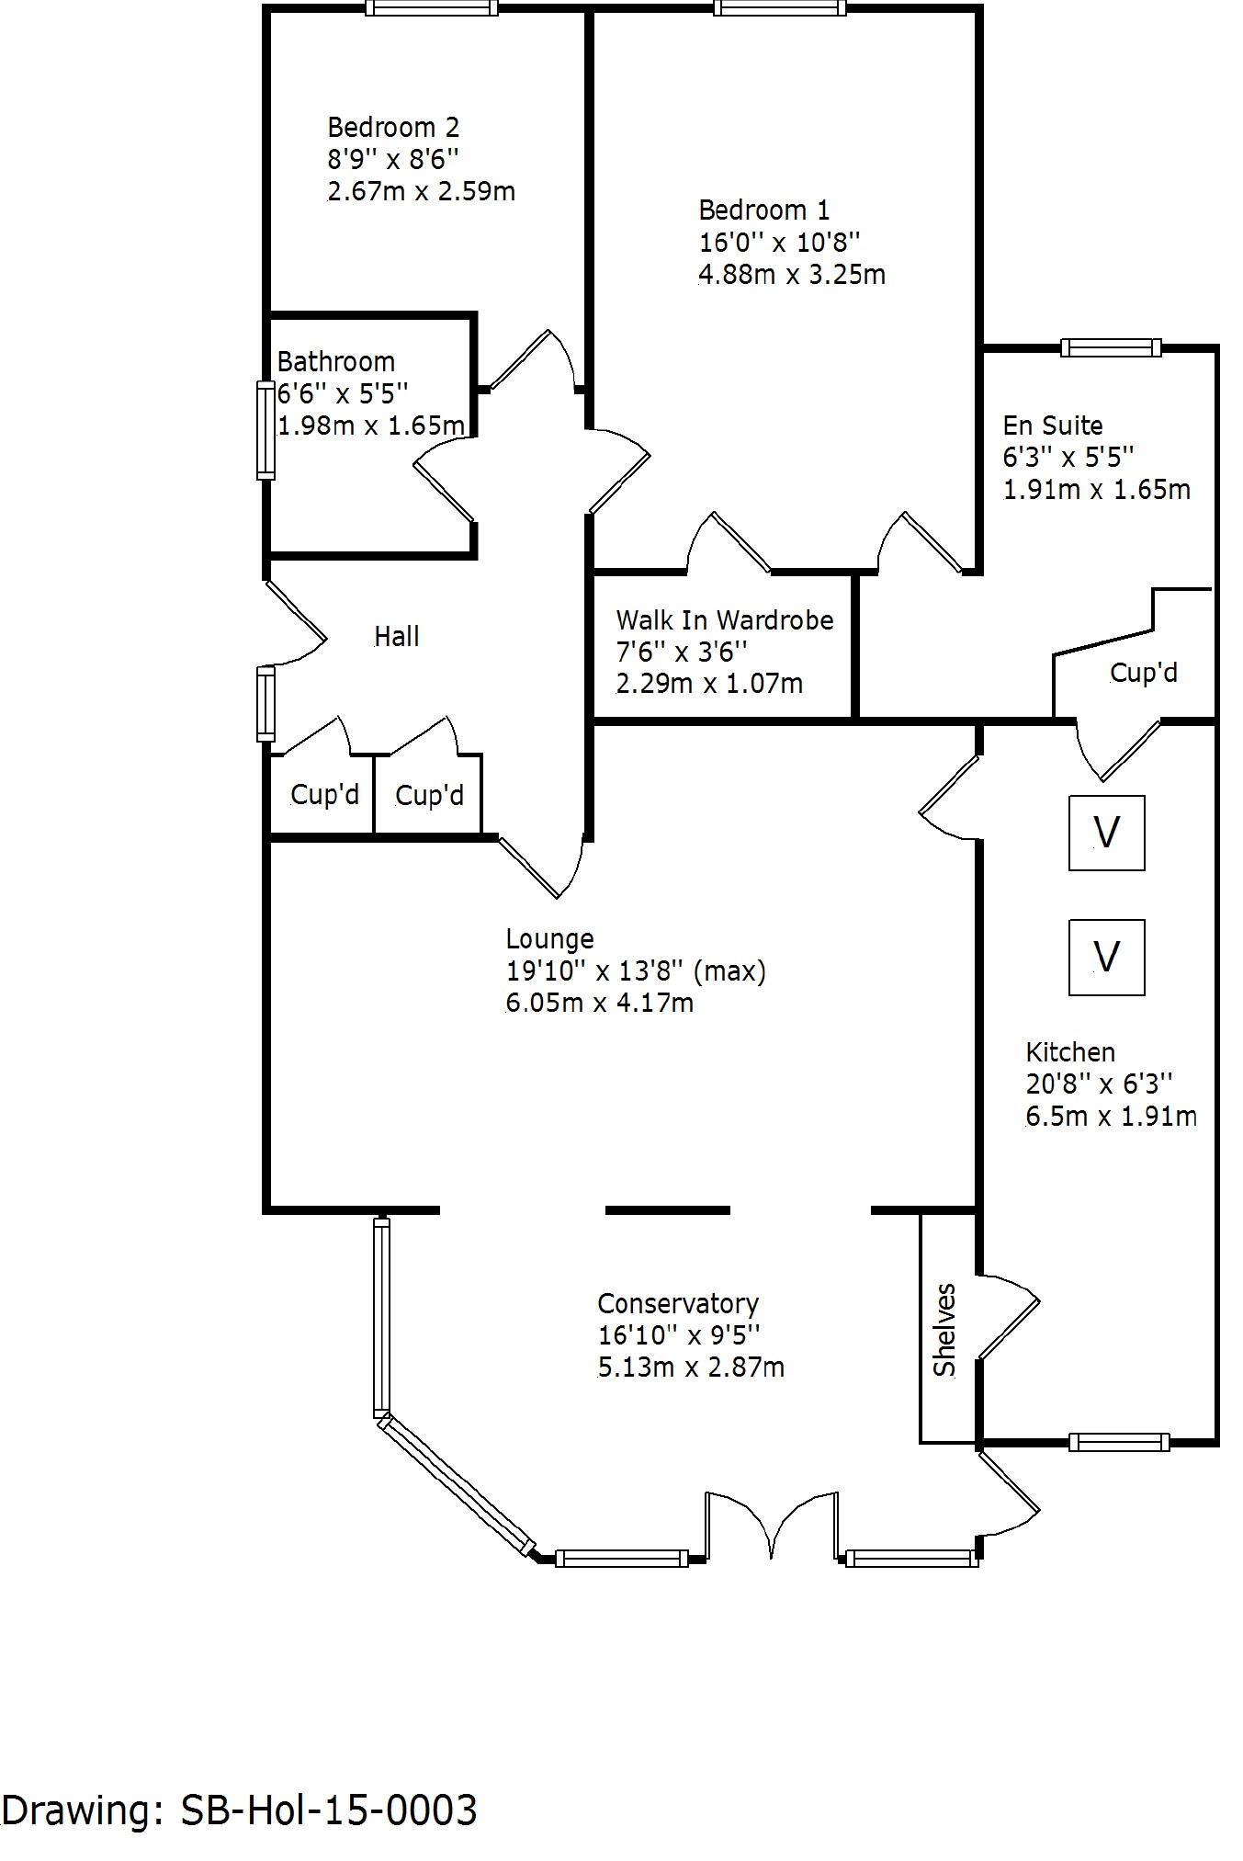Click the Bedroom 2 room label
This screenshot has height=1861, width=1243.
pos(393,127)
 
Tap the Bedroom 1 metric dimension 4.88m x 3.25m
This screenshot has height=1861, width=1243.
pos(792,275)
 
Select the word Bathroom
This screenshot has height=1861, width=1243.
pos(336,361)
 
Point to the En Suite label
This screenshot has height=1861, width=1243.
pos(1053,426)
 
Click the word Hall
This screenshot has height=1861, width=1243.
pos(397,636)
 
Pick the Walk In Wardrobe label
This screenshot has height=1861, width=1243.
pos(725,620)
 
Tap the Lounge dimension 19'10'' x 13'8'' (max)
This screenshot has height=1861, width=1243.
pos(636,970)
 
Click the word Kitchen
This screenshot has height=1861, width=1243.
pos(1070,1052)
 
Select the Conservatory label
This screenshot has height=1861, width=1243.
pos(678,1303)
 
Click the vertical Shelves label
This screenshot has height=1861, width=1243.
pos(945,1330)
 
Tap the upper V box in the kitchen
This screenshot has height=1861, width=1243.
pos(1107,833)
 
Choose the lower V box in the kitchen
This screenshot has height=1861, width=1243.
pos(1107,958)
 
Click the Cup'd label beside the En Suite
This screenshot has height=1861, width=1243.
pos(1144,673)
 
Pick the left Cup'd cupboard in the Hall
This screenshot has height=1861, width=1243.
pos(324,794)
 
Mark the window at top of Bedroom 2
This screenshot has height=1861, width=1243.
pos(431,8)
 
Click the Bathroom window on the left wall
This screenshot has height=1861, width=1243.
pos(266,430)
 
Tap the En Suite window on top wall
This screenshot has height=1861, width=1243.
pos(1111,347)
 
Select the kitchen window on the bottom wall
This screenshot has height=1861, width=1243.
pos(1119,1442)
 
